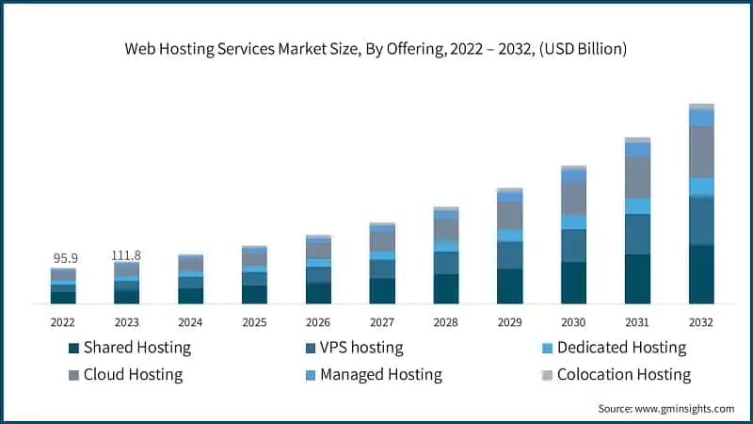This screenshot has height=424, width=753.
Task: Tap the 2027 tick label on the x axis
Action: click(382, 322)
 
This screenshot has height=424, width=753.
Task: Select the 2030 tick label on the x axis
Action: click(573, 322)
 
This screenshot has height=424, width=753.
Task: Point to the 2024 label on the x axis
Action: click(190, 322)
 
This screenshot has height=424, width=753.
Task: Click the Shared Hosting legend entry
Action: click(136, 348)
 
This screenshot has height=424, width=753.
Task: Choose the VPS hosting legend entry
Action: click(361, 348)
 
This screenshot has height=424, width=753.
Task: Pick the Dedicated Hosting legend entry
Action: click(621, 348)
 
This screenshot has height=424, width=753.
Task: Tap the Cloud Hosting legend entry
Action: click(133, 375)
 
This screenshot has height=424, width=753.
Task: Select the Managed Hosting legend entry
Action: click(380, 375)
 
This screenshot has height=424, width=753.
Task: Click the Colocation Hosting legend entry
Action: click(623, 375)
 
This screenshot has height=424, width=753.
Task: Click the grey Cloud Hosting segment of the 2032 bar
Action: click(701, 152)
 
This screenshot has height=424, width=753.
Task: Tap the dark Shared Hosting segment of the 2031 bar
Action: click(637, 279)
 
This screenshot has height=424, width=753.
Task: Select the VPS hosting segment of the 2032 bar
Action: click(701, 220)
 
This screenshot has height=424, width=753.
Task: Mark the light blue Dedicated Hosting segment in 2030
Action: click(573, 222)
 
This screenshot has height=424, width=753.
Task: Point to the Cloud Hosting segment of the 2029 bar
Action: click(509, 216)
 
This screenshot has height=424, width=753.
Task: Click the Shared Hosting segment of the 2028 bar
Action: click(446, 289)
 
